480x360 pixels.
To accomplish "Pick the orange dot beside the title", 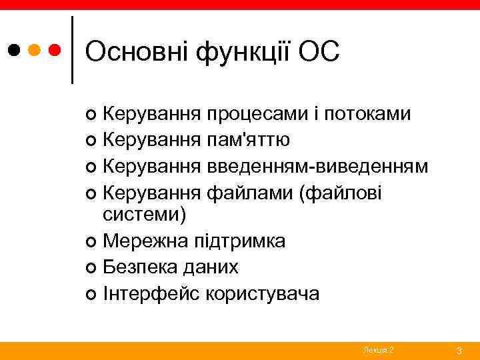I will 35,50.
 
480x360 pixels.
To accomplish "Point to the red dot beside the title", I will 56,50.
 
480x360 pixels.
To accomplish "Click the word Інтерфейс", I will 150,292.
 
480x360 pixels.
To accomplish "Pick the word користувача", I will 263,292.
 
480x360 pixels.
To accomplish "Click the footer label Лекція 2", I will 378,350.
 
